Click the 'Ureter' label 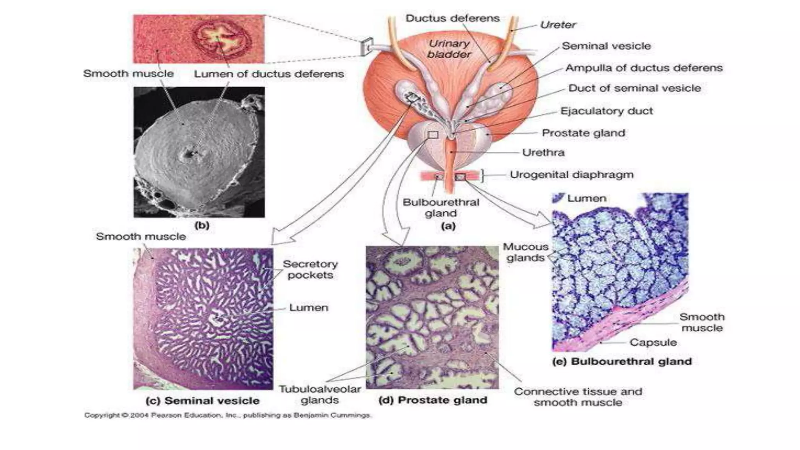pos(558,25)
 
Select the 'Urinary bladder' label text pos(449,49)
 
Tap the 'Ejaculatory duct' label pos(607,111)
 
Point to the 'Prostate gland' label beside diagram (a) pos(584,133)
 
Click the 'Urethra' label pos(543,152)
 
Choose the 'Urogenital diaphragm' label pos(571,175)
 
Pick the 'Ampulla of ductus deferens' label pos(644,68)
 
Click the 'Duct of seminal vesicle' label pos(635,88)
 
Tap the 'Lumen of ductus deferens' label pos(269,74)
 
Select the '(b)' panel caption pos(202,225)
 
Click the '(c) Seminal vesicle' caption pos(202,401)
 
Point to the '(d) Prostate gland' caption pos(433,400)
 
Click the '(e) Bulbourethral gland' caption pos(622,362)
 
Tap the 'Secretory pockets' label pos(311,270)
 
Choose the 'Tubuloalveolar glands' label pos(320,395)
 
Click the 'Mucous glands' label pos(525,252)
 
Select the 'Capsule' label pos(653,343)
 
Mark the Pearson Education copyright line pos(227,415)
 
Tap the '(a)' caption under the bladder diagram pos(448,226)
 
